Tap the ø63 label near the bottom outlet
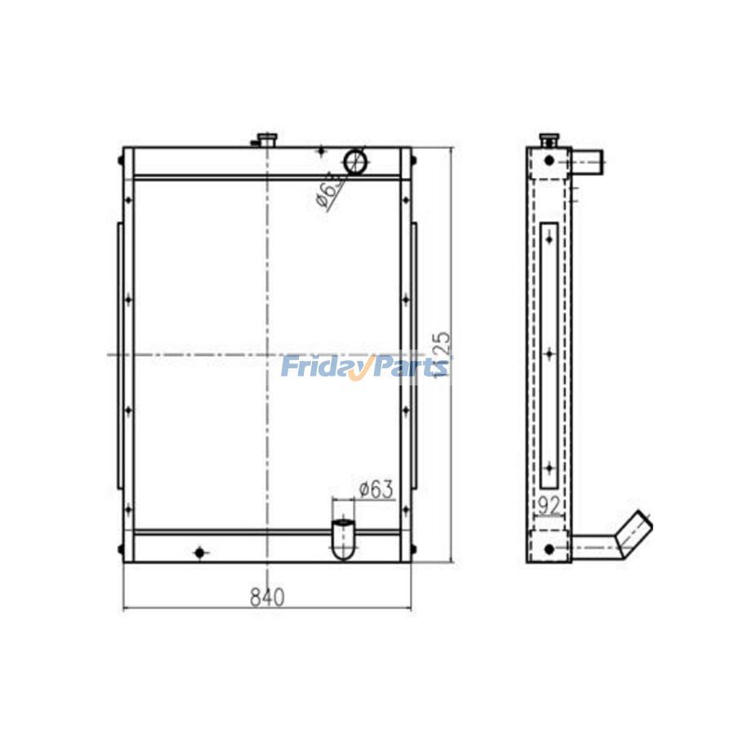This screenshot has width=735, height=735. [x=376, y=490]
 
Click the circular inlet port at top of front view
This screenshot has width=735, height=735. [x=355, y=161]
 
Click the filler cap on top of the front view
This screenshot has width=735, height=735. [x=266, y=140]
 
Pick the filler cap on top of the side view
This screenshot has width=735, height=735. [x=549, y=140]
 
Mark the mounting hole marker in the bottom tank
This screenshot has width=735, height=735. [x=199, y=553]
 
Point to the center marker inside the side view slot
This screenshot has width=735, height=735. [x=550, y=354]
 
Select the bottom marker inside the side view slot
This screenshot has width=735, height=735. [x=550, y=468]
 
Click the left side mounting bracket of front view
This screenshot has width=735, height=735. [x=120, y=355]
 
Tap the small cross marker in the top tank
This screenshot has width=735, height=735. [x=321, y=150]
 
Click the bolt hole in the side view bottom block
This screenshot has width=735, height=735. [x=549, y=548]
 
